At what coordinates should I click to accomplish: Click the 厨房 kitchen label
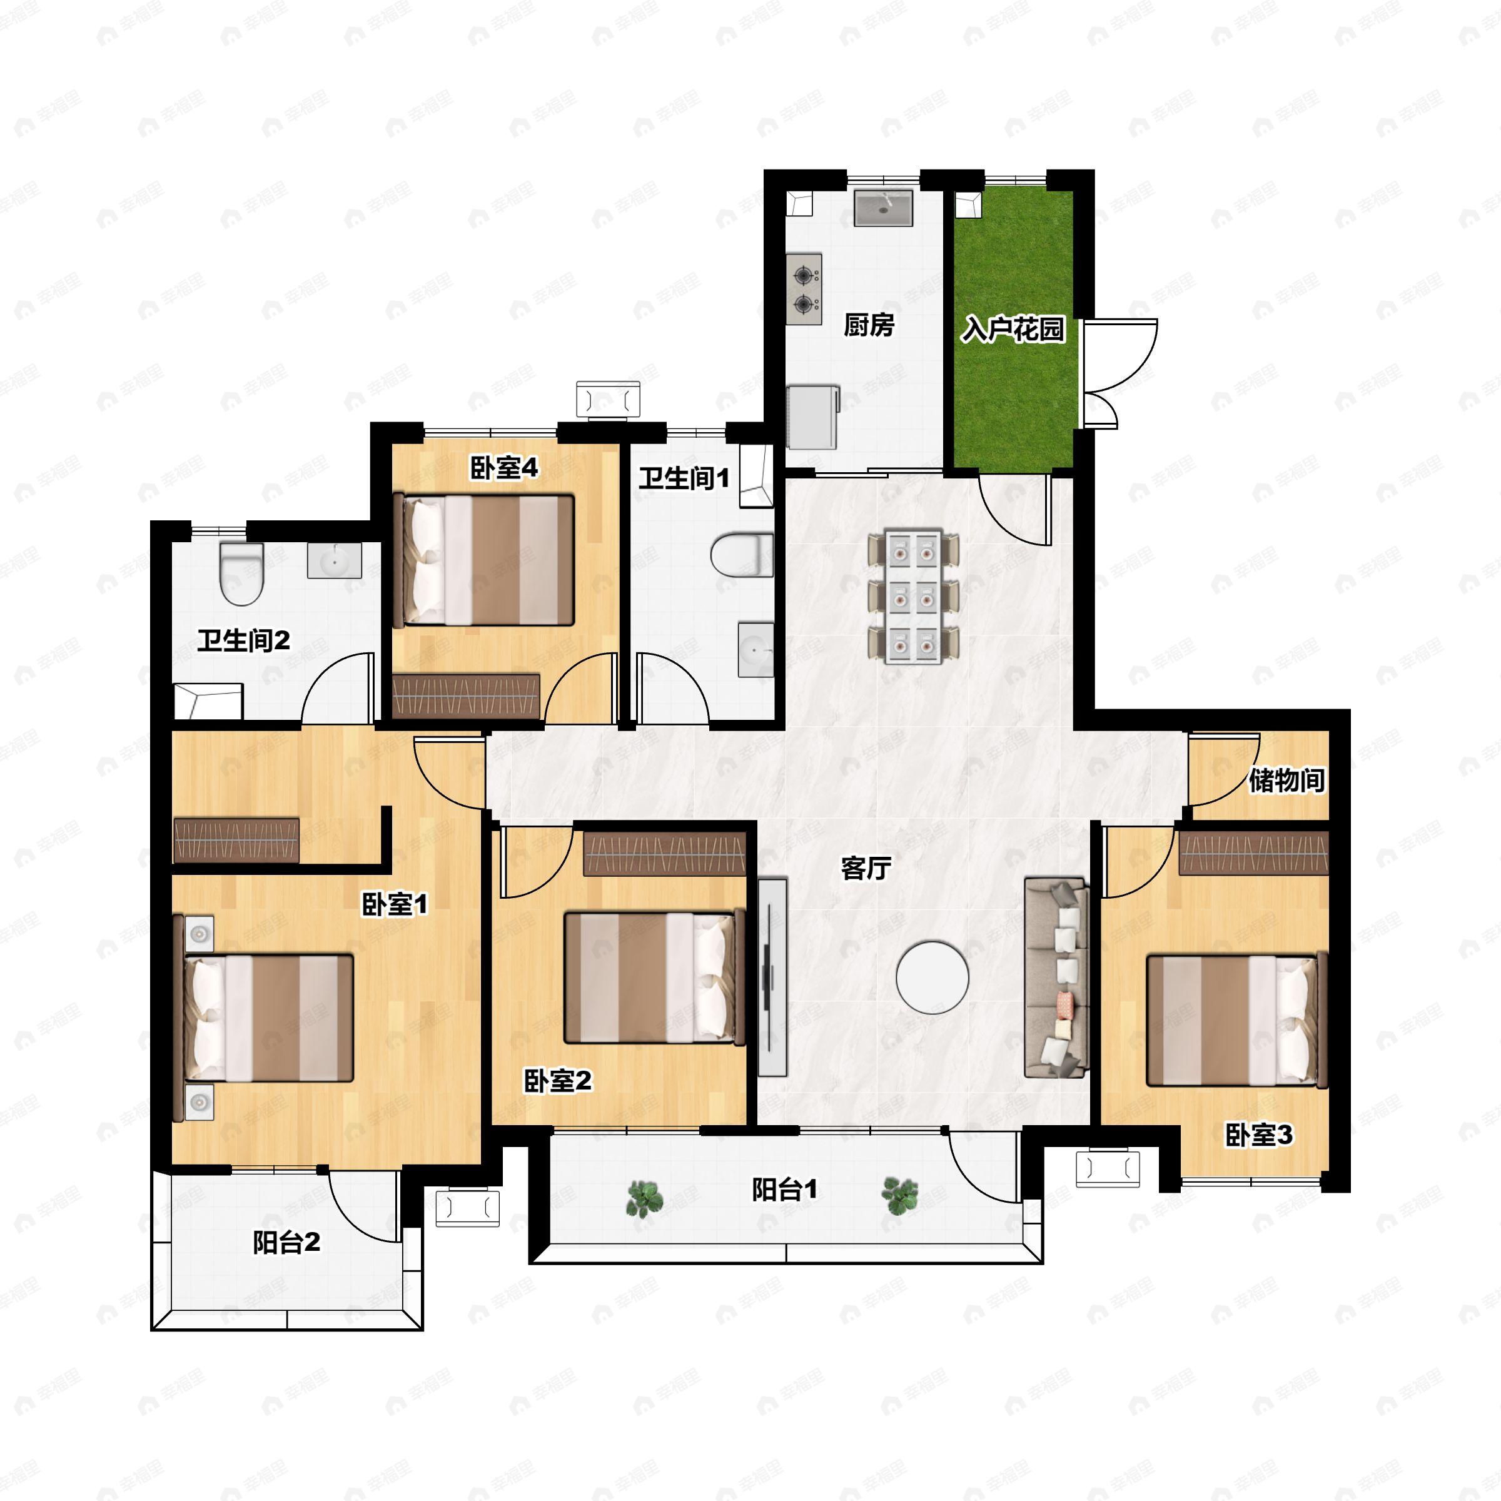pos(869,325)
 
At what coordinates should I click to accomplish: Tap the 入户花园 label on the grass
pos(1013,330)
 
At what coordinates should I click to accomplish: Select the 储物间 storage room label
pos(1286,780)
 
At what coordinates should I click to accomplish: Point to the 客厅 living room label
pos(866,869)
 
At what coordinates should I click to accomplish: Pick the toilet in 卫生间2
pos(241,574)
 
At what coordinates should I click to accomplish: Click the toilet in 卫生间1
pos(742,555)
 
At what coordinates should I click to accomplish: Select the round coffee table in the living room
pos(932,978)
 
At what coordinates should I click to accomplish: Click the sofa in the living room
pos(1056,978)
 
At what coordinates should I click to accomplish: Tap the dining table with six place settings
pos(914,597)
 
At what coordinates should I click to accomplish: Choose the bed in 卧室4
pos(484,560)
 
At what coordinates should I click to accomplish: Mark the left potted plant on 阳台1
pos(645,1198)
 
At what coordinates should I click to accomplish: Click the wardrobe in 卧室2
pos(664,854)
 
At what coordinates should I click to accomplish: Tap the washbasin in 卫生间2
pos(334,560)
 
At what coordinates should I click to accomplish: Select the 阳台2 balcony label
pos(286,1242)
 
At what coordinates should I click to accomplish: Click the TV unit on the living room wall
pos(772,976)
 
